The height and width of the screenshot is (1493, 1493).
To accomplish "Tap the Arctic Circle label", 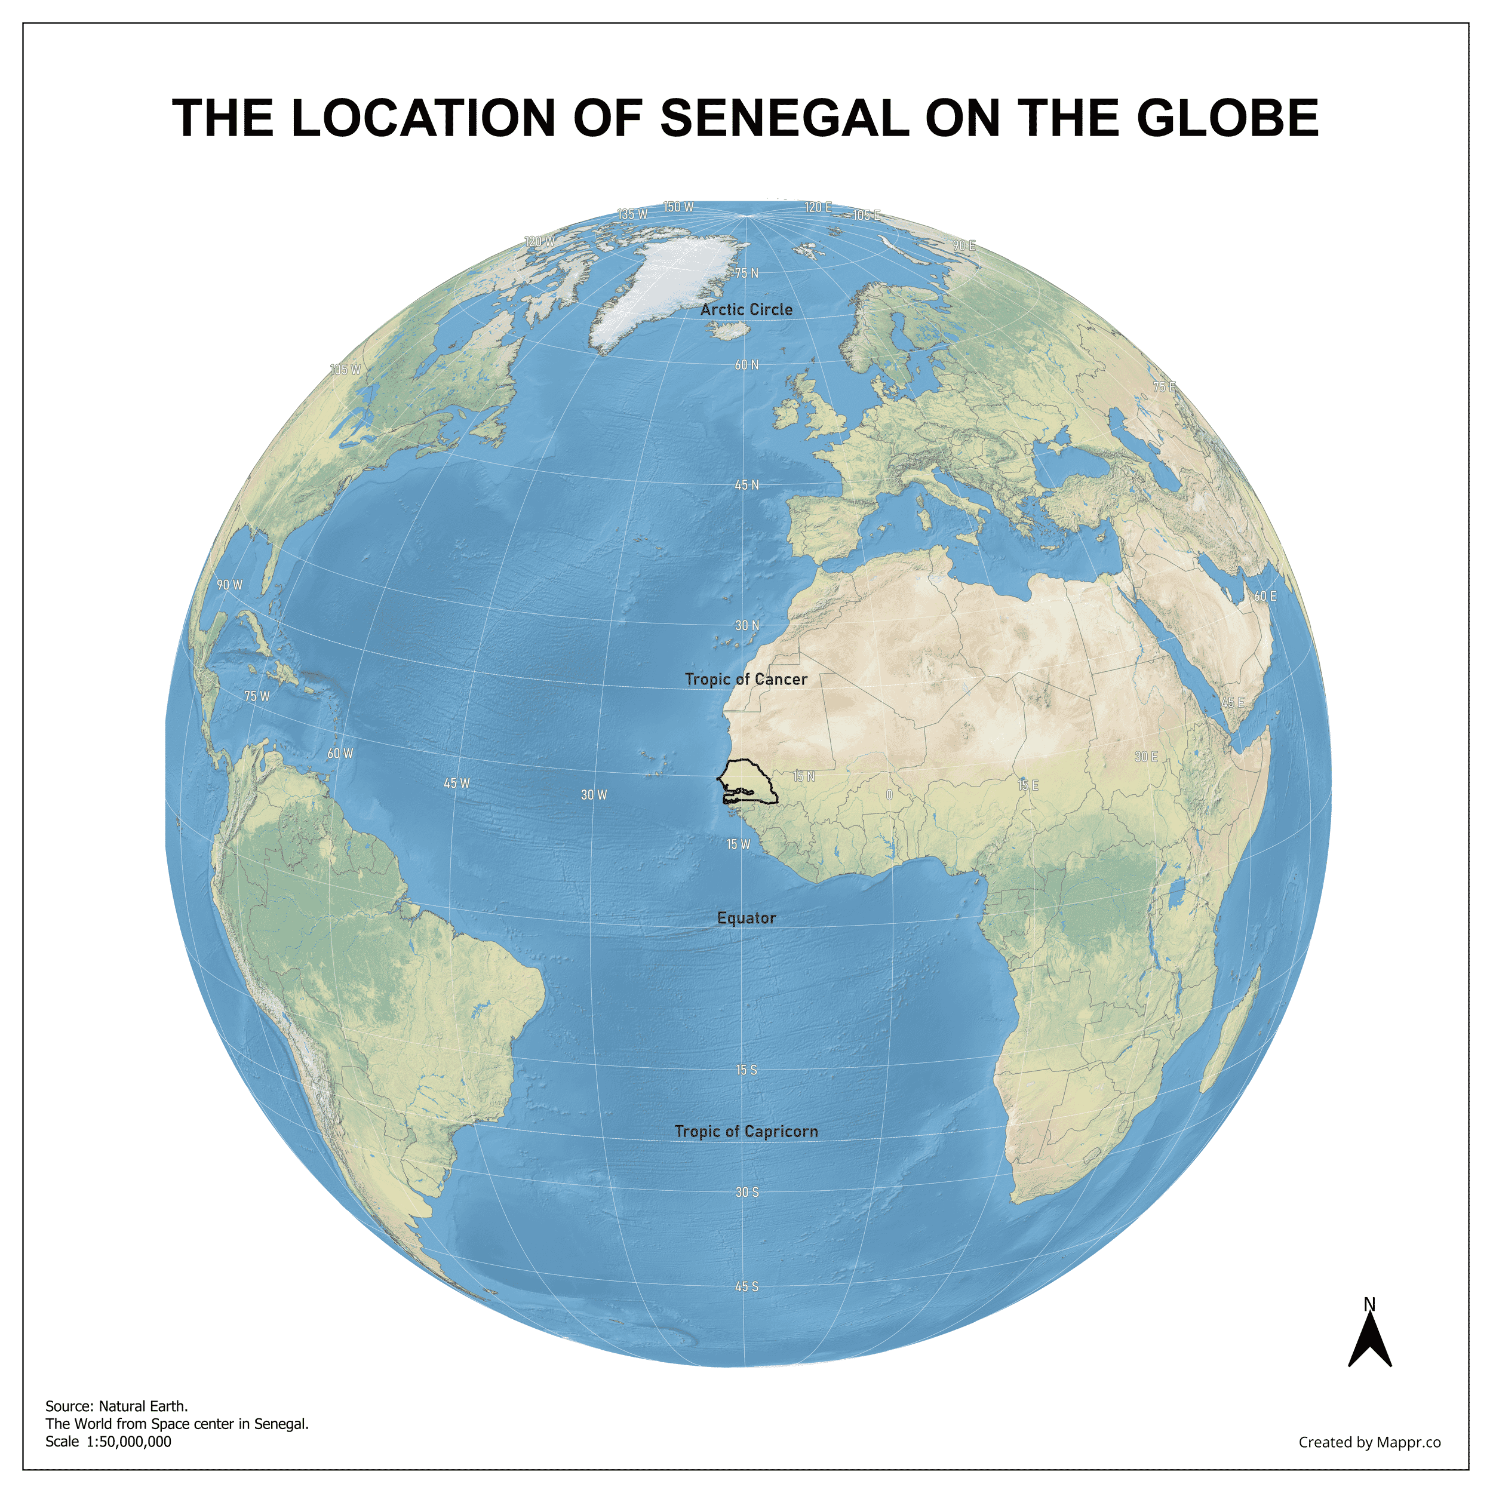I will pos(746,310).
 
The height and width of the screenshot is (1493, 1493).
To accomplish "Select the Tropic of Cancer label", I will pos(746,679).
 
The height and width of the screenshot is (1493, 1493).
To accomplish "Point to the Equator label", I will pos(746,918).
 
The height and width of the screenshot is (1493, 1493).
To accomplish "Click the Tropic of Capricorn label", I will pos(746,1131).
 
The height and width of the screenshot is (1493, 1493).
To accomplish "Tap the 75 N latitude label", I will pos(746,274).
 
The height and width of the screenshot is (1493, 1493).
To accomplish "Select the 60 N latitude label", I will pos(746,365).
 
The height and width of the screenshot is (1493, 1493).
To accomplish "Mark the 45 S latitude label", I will pos(746,1287).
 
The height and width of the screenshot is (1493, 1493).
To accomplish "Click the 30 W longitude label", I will pos(594,795).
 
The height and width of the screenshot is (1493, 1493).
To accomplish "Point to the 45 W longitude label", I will pos(457,784).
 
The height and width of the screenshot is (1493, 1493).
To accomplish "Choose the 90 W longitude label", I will pos(229,585).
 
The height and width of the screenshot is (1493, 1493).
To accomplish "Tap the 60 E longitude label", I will pos(1265,597).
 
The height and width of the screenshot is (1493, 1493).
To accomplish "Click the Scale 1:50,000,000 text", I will pos(108,1441).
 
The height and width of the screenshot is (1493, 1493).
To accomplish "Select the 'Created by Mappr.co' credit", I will pos(1369,1442).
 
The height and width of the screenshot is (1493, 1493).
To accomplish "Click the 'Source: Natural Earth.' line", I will pos(116,1406).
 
